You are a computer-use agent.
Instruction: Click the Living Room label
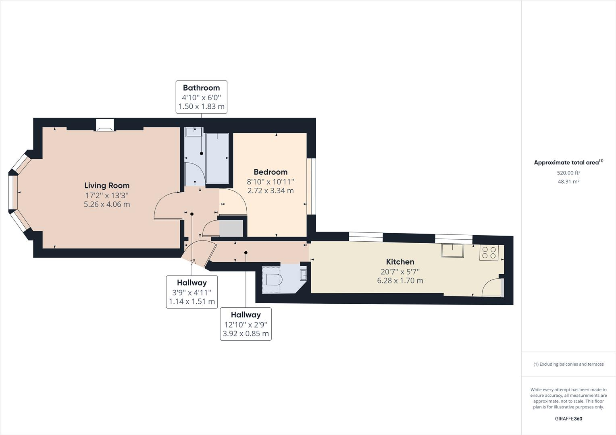click(107, 185)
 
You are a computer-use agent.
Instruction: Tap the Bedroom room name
click(270, 172)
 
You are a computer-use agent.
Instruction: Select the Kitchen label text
click(400, 262)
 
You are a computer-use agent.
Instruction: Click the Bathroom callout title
click(201, 88)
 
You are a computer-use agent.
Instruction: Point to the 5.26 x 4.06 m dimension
click(107, 204)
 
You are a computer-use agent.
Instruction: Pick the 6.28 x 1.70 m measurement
click(400, 281)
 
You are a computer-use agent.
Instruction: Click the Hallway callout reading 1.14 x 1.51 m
click(192, 292)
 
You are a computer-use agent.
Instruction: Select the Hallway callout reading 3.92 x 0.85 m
click(246, 324)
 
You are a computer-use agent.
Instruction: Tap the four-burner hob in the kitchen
click(489, 253)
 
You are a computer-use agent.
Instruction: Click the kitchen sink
click(452, 251)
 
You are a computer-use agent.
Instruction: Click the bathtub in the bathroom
click(217, 158)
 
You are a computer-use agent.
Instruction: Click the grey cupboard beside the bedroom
click(231, 228)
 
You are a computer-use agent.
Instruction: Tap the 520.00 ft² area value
click(568, 173)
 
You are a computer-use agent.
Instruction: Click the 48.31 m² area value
click(568, 182)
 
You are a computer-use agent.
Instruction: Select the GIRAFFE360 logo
click(568, 418)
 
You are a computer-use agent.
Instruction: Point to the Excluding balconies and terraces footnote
click(568, 364)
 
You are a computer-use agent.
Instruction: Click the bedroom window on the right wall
click(311, 186)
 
